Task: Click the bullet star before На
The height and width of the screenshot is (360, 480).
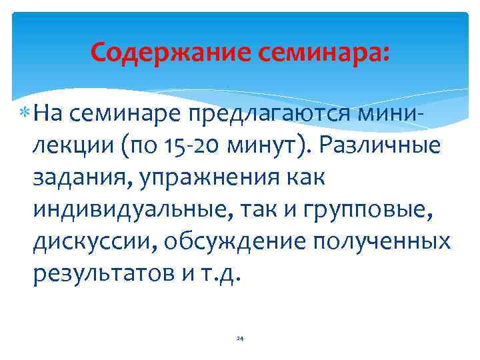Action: coord(25,114)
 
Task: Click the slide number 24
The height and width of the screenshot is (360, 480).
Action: coord(240,339)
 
